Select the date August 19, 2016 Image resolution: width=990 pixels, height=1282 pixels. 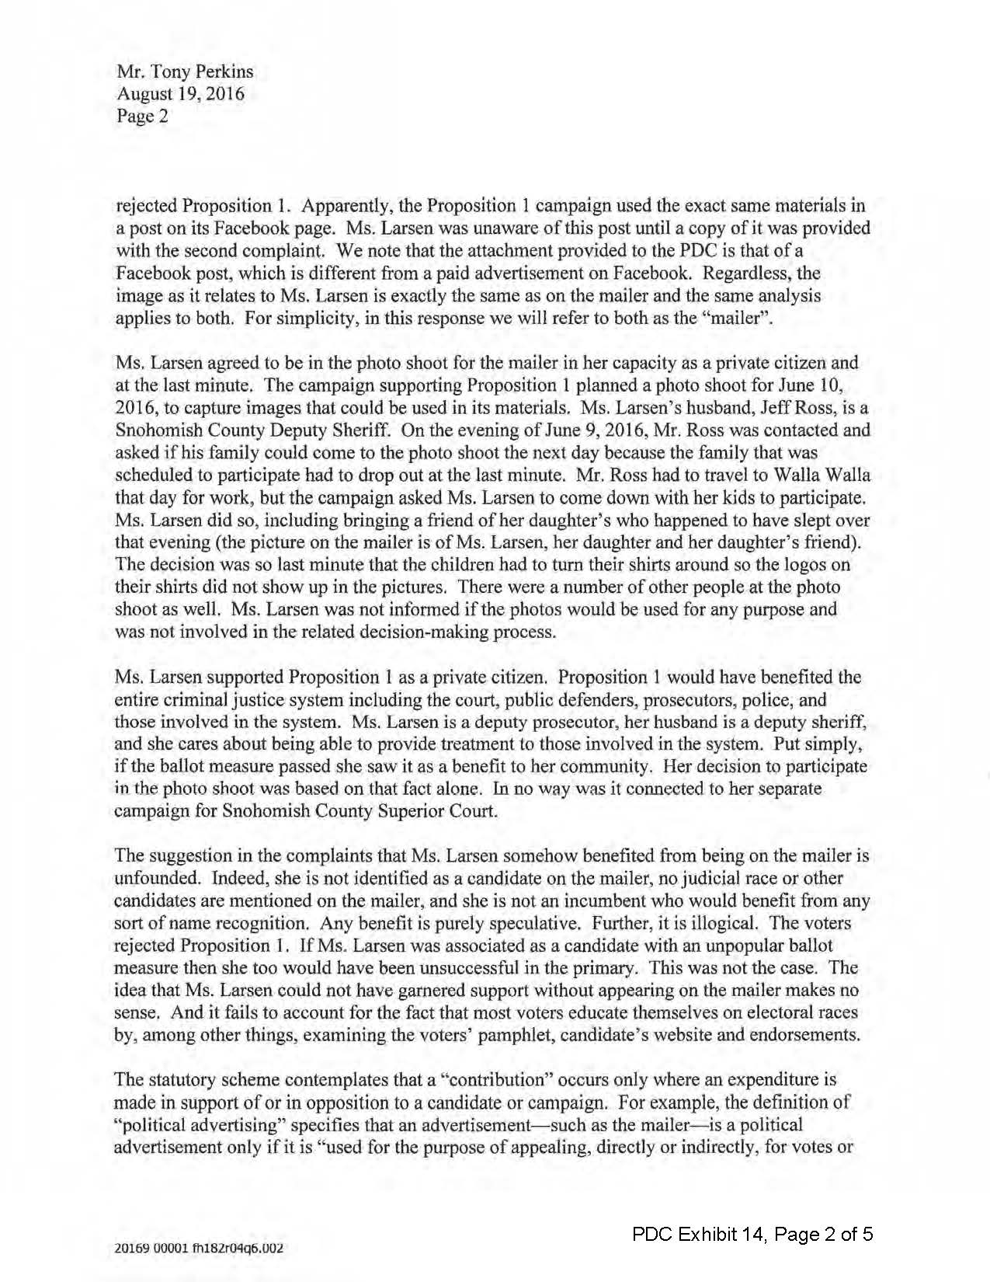coord(180,95)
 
